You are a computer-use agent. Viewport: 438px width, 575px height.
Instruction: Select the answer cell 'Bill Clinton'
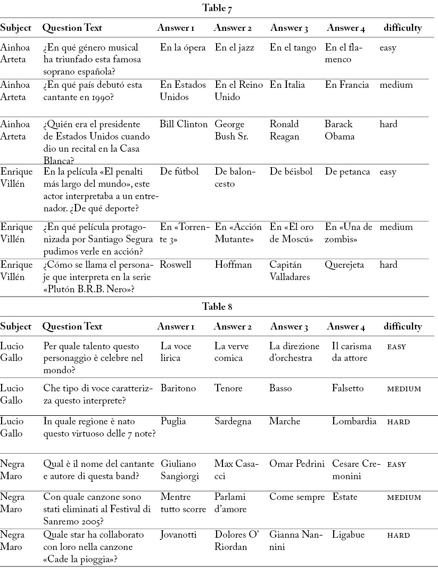coord(184,125)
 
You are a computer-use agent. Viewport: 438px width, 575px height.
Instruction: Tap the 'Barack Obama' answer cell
coord(340,130)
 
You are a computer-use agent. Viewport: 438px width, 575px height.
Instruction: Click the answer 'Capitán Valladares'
coord(290,271)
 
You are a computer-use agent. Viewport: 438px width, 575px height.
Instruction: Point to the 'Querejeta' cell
coord(345,265)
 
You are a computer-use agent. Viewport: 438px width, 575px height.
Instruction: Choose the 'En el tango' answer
coord(293,48)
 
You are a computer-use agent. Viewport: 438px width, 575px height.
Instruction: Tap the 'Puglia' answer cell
coord(173,422)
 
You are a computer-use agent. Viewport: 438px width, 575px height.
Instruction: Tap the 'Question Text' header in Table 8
coord(72,326)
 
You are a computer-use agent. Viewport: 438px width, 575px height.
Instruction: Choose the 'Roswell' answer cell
coord(175,265)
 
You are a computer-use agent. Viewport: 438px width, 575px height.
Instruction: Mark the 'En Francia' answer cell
coord(347,85)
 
